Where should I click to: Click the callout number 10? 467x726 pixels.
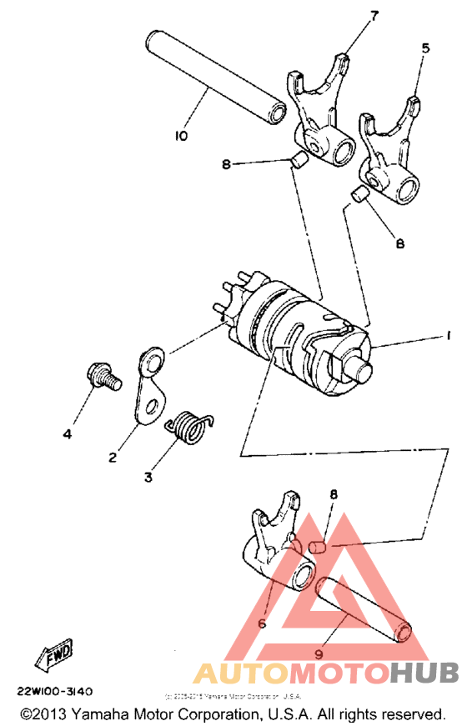tap(182, 135)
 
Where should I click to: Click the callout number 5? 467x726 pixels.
tap(425, 49)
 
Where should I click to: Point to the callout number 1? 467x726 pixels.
tap(448, 336)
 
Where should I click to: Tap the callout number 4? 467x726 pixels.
tap(68, 433)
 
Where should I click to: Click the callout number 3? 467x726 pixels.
tap(148, 478)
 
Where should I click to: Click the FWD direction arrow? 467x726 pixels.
tap(53, 653)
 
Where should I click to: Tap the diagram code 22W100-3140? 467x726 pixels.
tap(54, 691)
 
